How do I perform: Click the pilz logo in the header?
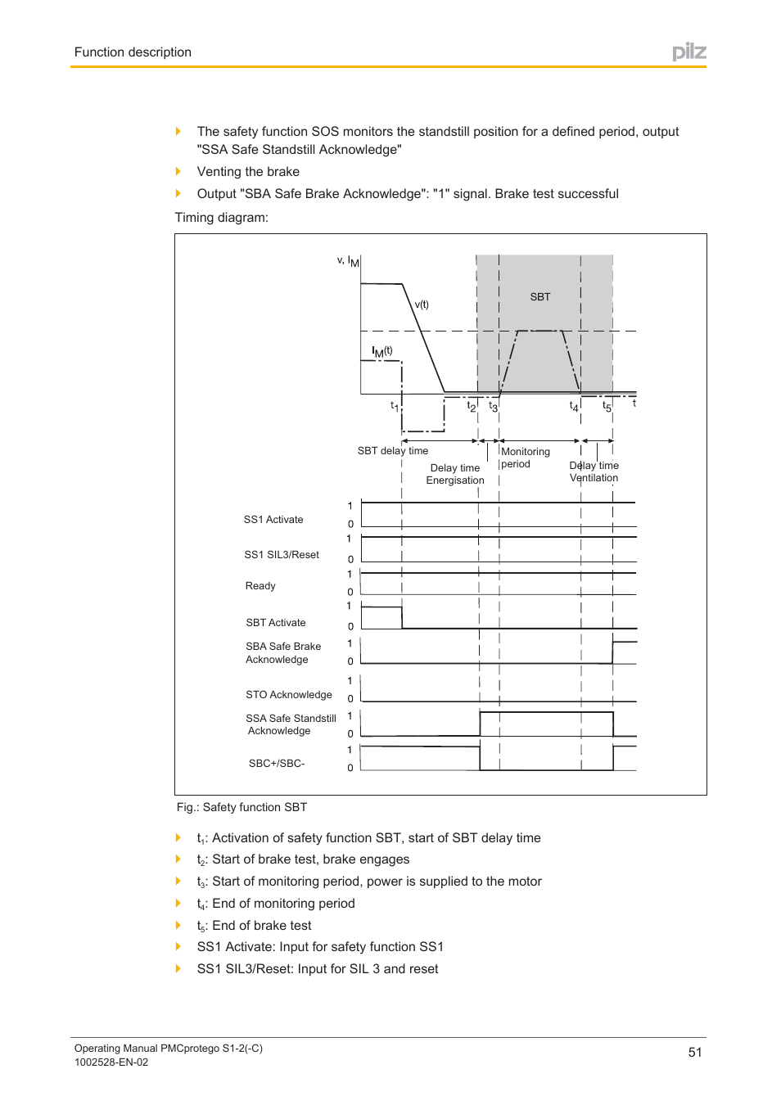688,52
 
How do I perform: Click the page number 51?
694,1052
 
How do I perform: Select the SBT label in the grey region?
539,297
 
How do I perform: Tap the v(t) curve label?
422,304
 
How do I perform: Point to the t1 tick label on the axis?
394,405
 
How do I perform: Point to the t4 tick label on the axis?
574,406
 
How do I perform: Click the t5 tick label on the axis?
607,406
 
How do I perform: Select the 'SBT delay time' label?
392,451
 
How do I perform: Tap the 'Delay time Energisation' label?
455,474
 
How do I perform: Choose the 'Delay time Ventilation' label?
594,471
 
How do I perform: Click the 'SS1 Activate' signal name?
273,520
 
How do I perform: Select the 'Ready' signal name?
260,586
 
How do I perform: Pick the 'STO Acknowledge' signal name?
288,695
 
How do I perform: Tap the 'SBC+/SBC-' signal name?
277,764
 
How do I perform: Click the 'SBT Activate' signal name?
275,623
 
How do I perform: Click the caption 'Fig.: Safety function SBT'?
242,807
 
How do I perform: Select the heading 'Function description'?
133,52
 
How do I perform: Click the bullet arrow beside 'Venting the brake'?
178,171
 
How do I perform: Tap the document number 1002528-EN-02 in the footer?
111,1062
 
